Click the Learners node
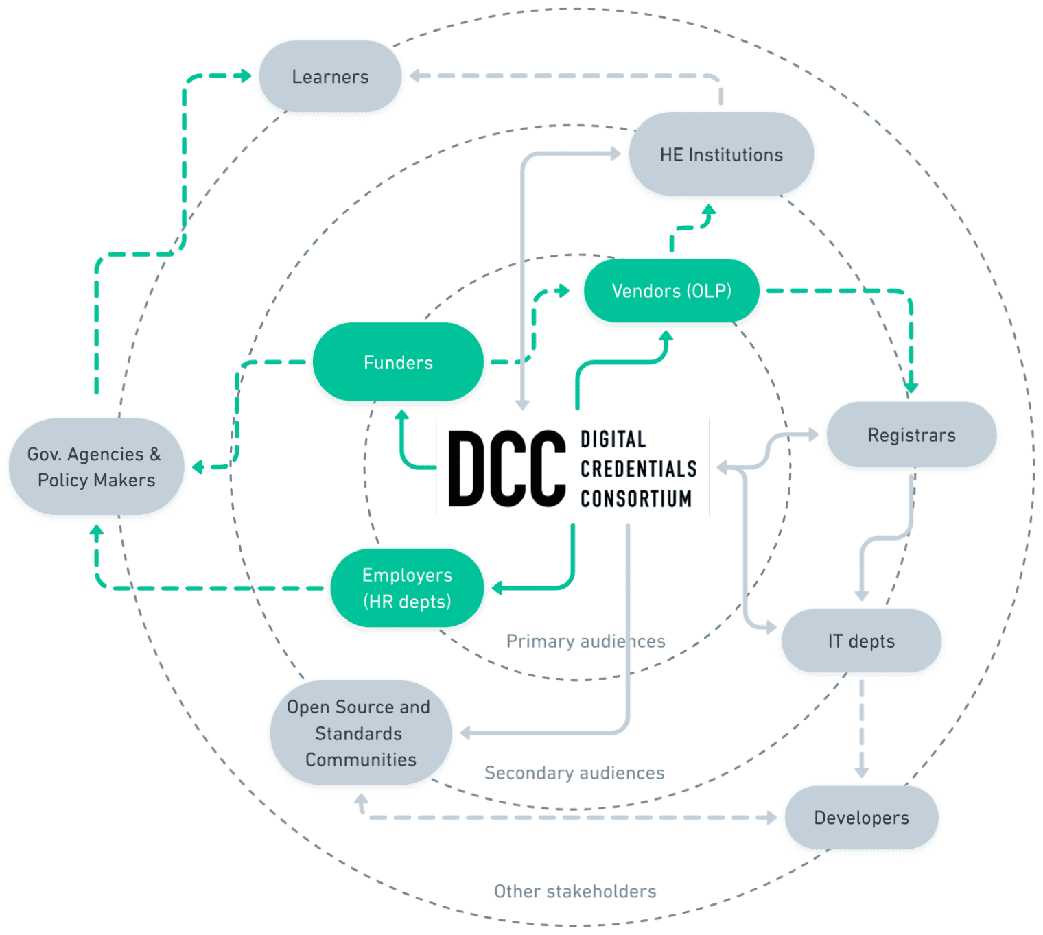[330, 77]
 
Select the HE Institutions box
[721, 155]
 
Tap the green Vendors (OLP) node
[671, 291]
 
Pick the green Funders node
[398, 362]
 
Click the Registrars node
[911, 435]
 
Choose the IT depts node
[861, 641]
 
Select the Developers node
[861, 818]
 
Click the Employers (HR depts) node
[407, 588]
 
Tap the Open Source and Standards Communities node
[360, 733]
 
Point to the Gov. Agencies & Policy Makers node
[96, 466]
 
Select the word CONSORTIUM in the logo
[636, 499]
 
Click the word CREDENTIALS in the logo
[638, 469]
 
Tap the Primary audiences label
[585, 641]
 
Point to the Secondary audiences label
[574, 773]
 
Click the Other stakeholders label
[575, 891]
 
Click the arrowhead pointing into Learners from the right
[414, 76]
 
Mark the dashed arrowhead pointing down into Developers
[862, 772]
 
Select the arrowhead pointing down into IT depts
[862, 595]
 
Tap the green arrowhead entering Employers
[497, 588]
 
